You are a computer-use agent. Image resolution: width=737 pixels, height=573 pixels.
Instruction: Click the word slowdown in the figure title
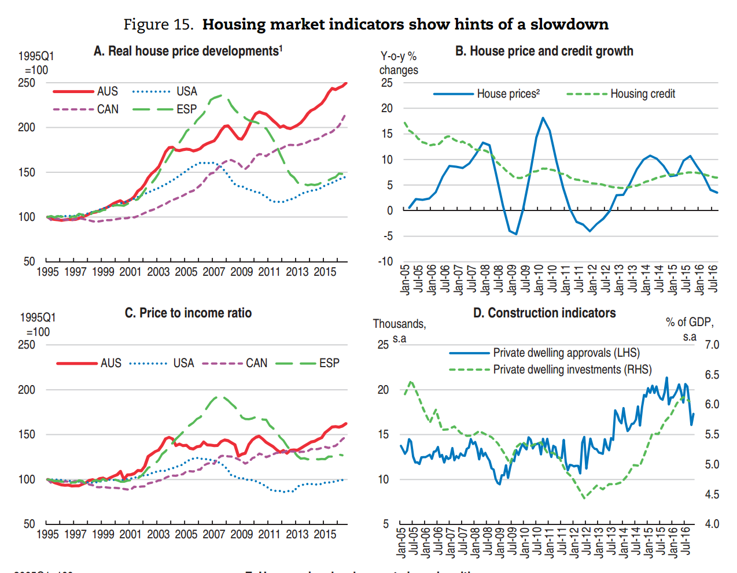[x=569, y=24]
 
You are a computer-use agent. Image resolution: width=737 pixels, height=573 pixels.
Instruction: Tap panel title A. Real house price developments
[x=188, y=51]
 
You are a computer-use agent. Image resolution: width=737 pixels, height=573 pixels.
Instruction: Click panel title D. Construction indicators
[x=544, y=313]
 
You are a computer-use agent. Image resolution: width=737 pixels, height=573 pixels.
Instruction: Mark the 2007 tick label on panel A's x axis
[x=213, y=272]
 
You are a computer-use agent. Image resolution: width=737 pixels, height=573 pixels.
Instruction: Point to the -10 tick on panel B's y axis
[x=385, y=261]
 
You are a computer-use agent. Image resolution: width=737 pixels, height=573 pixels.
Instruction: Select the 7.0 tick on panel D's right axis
[x=712, y=345]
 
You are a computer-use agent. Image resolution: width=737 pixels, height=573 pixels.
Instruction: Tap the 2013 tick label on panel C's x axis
[x=297, y=534]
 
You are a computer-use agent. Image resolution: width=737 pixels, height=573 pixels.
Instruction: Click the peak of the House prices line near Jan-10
[x=543, y=118]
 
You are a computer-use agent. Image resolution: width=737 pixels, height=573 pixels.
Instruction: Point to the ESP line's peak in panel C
[x=217, y=397]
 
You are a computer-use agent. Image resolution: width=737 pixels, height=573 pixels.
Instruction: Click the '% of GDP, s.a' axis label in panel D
[x=690, y=330]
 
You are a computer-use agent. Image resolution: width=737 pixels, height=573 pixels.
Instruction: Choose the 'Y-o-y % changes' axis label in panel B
[x=398, y=63]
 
